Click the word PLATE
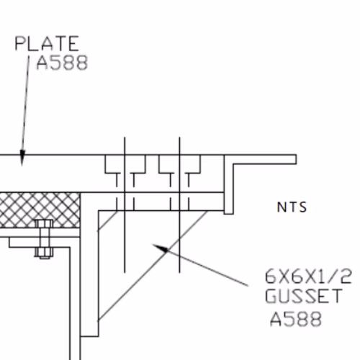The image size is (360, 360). (47, 43)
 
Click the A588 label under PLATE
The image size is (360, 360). (62, 63)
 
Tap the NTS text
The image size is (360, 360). (292, 207)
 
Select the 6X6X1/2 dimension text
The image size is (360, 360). (308, 276)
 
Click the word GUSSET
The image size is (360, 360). (304, 296)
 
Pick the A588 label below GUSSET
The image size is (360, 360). (296, 319)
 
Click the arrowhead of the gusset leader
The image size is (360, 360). (161, 248)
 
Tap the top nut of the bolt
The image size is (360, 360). (44, 224)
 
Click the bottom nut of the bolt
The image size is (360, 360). (44, 253)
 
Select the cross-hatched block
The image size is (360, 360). (40, 210)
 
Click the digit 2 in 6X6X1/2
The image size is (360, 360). (346, 276)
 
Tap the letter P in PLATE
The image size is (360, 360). (20, 43)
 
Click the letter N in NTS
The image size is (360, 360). (281, 207)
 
